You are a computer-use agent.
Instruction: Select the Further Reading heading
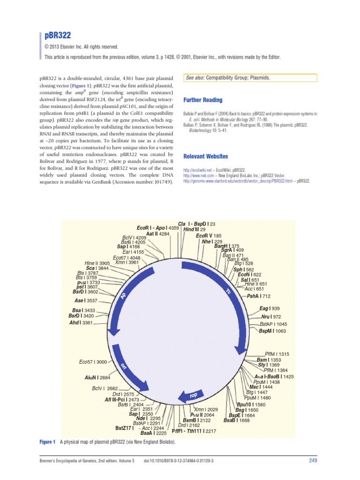click(x=203, y=100)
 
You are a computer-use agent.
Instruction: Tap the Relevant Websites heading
click(x=205, y=156)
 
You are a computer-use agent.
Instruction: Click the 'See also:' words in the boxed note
click(x=195, y=78)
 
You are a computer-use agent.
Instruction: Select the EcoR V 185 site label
click(x=209, y=236)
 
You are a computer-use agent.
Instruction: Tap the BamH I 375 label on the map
click(x=226, y=246)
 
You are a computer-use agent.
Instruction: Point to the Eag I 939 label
click(x=269, y=308)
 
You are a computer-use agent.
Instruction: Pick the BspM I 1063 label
click(x=272, y=331)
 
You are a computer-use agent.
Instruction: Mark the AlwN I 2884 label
click(x=97, y=377)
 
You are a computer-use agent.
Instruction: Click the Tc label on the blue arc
click(x=228, y=292)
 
